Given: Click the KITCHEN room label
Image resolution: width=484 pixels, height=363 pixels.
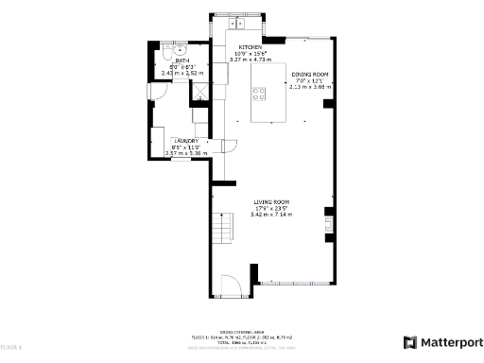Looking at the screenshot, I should click(x=251, y=47).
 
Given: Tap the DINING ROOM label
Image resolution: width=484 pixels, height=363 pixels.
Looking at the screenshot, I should click(x=309, y=74).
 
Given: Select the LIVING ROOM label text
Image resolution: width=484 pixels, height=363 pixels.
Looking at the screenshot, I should click(x=271, y=202).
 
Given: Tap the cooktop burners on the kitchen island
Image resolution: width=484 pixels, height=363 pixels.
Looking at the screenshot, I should click(x=258, y=93).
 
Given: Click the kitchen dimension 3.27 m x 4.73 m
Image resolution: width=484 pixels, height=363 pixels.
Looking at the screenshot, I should click(x=251, y=60).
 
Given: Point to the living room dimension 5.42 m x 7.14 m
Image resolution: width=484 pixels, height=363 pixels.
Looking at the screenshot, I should click(x=271, y=215).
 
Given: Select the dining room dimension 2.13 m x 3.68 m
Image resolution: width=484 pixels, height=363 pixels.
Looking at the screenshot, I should click(x=309, y=86).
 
